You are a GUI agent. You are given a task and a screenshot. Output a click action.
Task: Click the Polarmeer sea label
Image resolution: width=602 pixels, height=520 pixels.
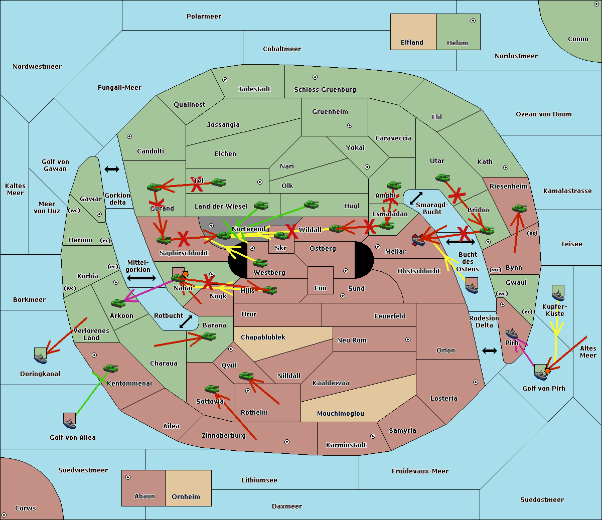tap(204, 17)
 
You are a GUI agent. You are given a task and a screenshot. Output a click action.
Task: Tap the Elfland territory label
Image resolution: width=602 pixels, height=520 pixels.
tap(412, 43)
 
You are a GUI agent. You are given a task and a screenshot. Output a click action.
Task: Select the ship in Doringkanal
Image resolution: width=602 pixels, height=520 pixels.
tap(40, 355)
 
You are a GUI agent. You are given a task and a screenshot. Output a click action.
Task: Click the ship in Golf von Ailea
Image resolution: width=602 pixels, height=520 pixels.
tap(70, 421)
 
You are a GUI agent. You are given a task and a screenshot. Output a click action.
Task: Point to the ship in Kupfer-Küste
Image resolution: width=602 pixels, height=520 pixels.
tap(558, 293)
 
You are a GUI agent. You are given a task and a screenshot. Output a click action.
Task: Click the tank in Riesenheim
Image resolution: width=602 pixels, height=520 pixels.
tap(519, 208)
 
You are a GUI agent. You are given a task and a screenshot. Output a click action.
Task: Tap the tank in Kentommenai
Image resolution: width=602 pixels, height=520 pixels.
tap(110, 369)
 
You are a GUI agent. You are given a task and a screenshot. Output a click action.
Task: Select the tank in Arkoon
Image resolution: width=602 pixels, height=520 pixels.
tap(118, 303)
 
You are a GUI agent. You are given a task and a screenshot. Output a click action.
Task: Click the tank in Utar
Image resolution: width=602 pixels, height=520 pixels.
tap(442, 178)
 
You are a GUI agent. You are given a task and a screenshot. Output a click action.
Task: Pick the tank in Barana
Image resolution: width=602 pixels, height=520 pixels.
tap(208, 336)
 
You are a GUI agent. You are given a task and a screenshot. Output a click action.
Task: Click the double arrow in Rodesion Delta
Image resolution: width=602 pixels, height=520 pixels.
tap(490, 351)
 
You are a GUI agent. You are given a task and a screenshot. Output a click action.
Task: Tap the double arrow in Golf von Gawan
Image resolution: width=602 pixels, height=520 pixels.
tap(112, 169)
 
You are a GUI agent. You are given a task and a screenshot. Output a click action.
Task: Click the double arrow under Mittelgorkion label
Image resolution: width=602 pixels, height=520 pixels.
tap(141, 278)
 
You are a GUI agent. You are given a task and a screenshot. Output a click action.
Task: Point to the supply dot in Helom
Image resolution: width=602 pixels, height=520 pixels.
tap(473, 21)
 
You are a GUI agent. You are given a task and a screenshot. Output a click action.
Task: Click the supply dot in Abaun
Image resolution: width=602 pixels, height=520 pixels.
tap(128, 477)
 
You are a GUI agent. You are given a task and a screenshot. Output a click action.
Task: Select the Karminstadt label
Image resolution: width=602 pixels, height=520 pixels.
tap(346, 445)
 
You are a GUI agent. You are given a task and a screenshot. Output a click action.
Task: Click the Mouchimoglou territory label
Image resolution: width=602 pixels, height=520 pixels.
tap(341, 414)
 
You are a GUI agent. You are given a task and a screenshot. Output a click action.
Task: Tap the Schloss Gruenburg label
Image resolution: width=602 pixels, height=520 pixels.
tap(325, 90)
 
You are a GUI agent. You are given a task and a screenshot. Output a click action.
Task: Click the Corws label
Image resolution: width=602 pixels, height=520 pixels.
tap(26, 508)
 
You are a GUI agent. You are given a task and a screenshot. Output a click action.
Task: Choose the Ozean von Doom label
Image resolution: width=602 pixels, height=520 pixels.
tap(544, 114)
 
